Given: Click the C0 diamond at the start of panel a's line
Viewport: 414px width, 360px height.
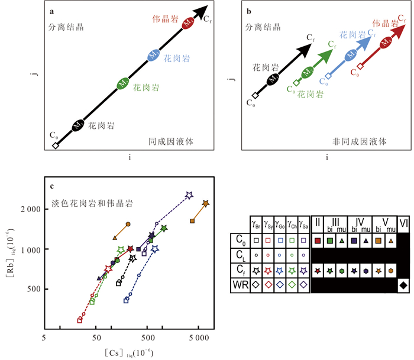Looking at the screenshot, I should click(55, 145).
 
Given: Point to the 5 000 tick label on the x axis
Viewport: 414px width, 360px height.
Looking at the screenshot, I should click(199, 338).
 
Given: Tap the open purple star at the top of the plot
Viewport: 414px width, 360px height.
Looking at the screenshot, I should click(189, 195).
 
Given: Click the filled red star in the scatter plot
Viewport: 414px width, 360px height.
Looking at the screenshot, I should click(130, 249).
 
